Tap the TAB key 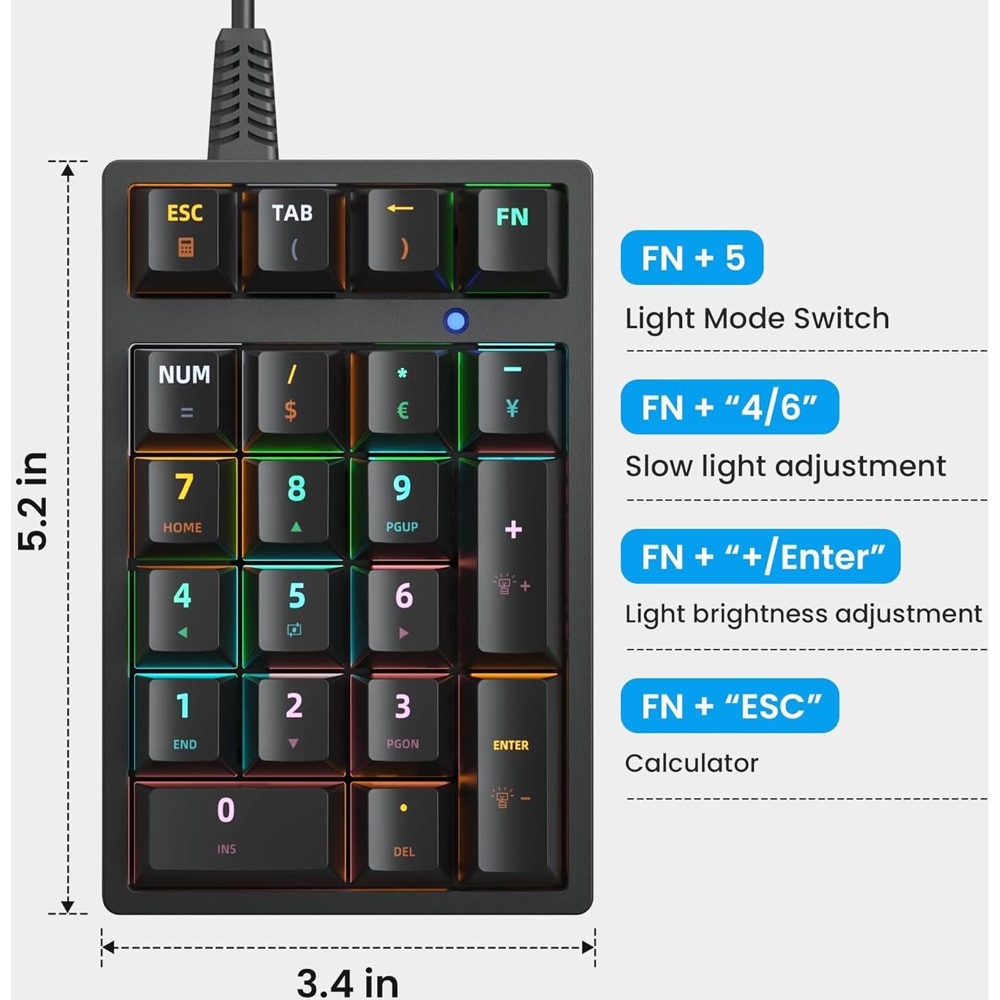point(293,230)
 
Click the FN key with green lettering point(512,230)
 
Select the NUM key point(185,391)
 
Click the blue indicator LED point(456,321)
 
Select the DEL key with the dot point(403,830)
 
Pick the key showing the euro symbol point(403,391)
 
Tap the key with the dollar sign point(292,391)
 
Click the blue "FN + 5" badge point(692,258)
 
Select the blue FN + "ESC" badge point(729,706)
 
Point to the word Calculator point(692,763)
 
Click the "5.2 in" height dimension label point(32,501)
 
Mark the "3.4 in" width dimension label point(348,982)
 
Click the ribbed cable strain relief point(243,93)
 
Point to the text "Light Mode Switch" point(757,319)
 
